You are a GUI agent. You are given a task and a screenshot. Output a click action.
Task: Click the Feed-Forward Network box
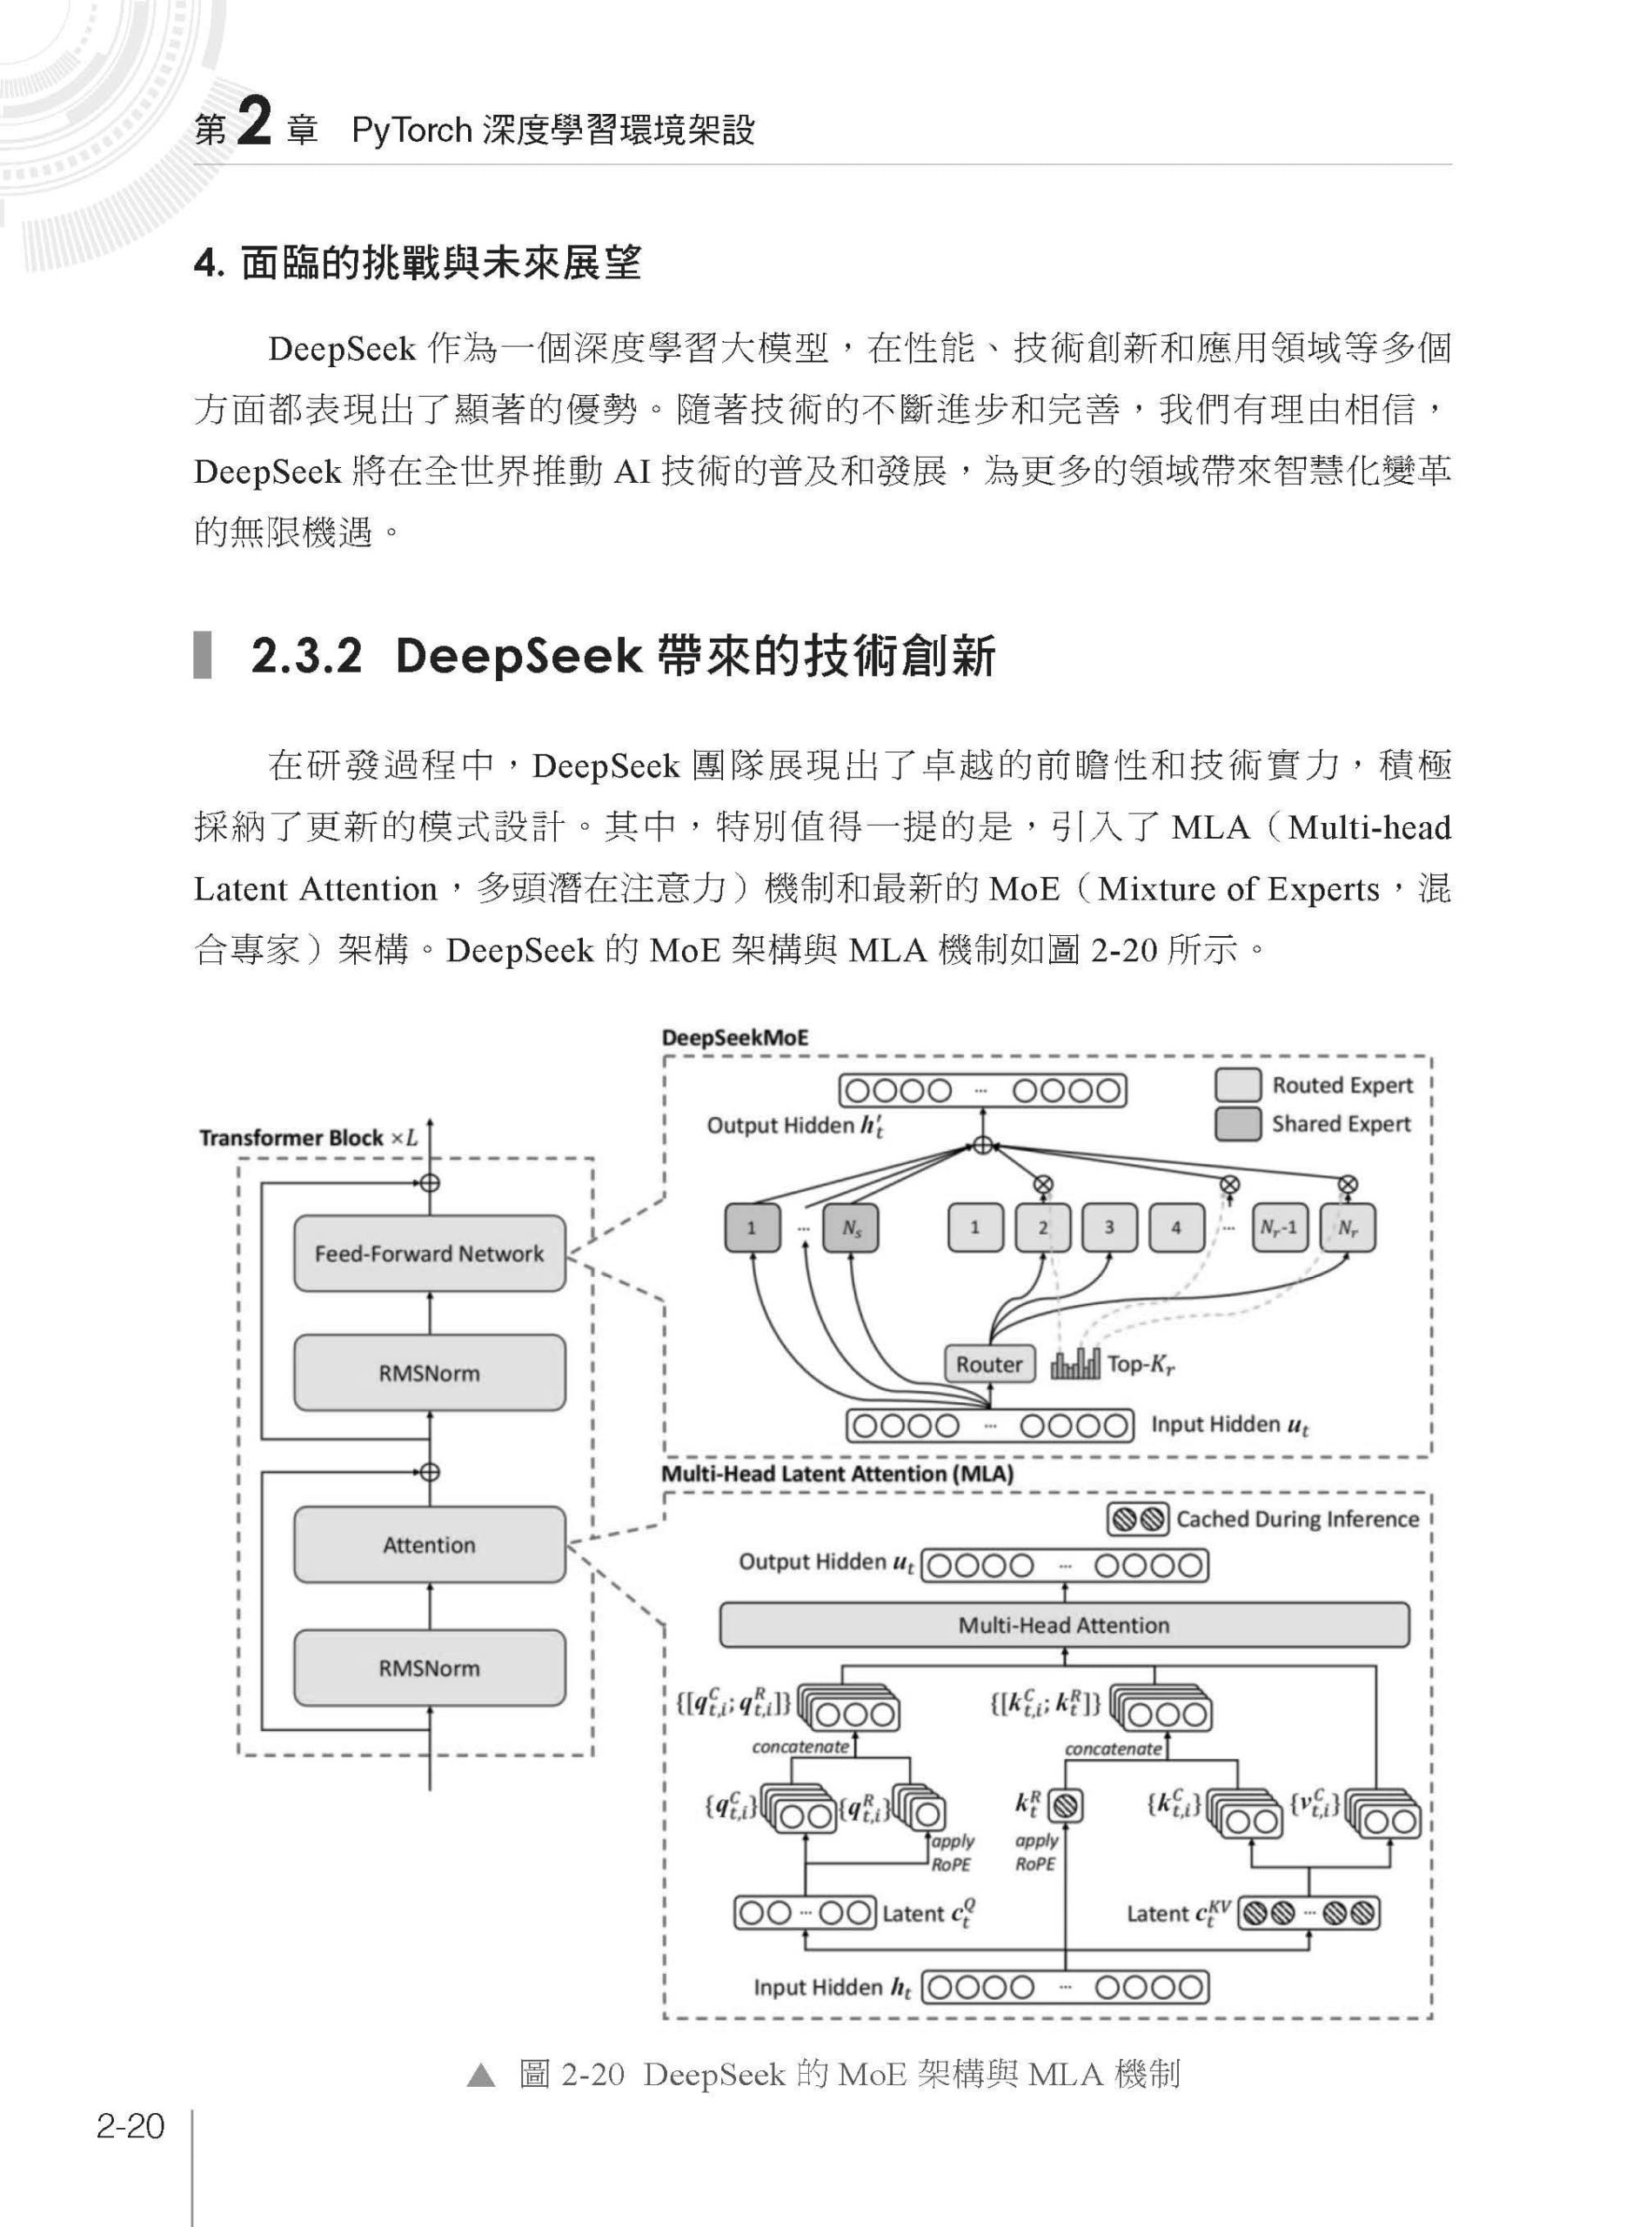click(430, 1254)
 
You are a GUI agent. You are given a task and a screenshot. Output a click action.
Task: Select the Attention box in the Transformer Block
click(430, 1544)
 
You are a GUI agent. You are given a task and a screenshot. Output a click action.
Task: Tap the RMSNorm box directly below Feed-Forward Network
click(430, 1373)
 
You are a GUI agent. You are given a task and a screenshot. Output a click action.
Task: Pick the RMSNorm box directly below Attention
click(430, 1668)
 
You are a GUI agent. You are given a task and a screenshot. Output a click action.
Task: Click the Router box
click(988, 1364)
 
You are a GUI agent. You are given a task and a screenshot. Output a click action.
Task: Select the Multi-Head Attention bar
click(1064, 1625)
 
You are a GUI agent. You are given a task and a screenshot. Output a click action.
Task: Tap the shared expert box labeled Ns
click(851, 1228)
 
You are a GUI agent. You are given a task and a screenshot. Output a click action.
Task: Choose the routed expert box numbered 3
click(1109, 1228)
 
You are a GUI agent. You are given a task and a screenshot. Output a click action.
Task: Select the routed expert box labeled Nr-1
click(1280, 1228)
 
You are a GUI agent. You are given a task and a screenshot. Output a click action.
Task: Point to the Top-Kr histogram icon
click(1075, 1364)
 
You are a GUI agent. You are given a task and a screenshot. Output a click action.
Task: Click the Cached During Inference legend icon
click(1138, 1520)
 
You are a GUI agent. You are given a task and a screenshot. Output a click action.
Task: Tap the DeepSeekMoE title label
click(735, 1037)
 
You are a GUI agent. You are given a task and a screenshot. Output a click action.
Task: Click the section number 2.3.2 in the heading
click(307, 657)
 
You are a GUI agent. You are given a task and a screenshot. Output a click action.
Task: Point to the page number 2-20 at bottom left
click(130, 2127)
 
